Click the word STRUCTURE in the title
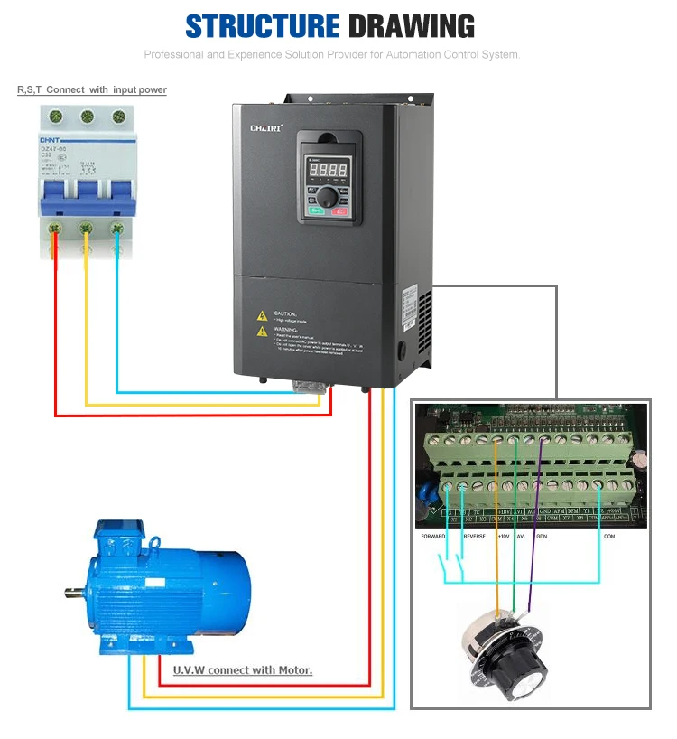tap(262, 26)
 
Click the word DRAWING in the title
tap(411, 26)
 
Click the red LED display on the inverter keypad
tap(328, 169)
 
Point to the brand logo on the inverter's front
tap(266, 129)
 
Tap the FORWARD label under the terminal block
tap(434, 536)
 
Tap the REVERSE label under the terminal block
tap(474, 536)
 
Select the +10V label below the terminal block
tap(504, 536)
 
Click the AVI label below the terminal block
tap(520, 536)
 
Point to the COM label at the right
tap(609, 536)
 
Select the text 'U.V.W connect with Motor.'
tap(242, 670)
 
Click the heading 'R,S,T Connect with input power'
tap(92, 89)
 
